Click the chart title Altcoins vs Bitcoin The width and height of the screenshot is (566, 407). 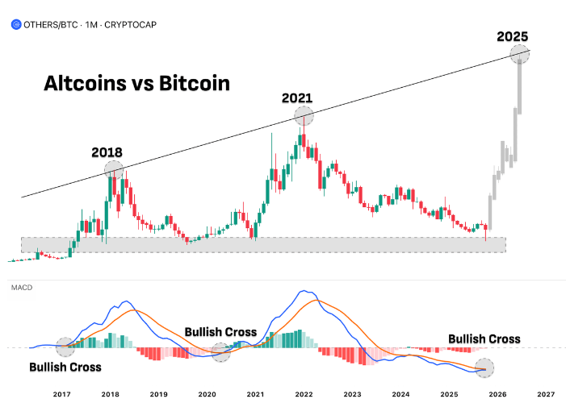click(136, 83)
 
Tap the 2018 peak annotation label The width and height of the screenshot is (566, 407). click(107, 152)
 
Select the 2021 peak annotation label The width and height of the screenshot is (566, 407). click(296, 98)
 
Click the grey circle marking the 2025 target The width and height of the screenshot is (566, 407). click(520, 55)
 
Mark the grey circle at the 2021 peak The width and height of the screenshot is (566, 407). click(304, 117)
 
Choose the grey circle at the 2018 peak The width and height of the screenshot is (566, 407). click(114, 169)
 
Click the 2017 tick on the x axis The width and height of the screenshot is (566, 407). click(62, 394)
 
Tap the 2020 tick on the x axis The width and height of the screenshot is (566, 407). click(207, 394)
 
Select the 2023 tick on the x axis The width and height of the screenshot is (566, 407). click(352, 394)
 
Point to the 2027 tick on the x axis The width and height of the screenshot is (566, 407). click(546, 394)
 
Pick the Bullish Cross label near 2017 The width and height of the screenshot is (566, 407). click(65, 367)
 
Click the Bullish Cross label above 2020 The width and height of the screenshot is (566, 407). click(220, 331)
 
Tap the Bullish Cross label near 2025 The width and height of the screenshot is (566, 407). click(484, 338)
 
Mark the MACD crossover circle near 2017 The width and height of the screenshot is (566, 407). click(65, 347)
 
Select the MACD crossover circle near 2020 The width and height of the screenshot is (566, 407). click(220, 351)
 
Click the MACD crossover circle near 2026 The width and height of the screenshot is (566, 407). click(484, 368)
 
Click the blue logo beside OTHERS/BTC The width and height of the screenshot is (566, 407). click(16, 24)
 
